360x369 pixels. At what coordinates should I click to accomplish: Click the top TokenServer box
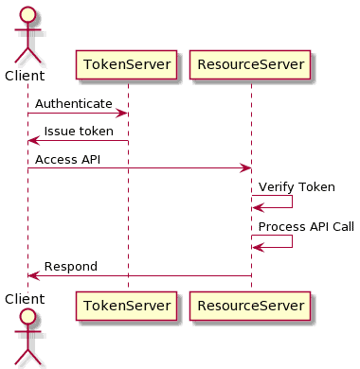(x=127, y=65)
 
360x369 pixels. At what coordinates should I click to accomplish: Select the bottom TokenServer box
(x=127, y=306)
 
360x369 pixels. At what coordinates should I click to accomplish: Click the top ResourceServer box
(x=250, y=65)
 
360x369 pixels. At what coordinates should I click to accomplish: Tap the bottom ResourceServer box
(x=250, y=306)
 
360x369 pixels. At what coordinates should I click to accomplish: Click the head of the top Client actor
(x=27, y=16)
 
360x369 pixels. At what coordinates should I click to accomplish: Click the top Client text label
(x=27, y=75)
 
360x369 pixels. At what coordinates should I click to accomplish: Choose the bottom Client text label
(x=27, y=298)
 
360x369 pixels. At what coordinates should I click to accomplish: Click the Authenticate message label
(x=74, y=103)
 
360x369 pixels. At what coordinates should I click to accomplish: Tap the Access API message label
(x=68, y=159)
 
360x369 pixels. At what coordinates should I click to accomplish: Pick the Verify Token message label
(x=297, y=187)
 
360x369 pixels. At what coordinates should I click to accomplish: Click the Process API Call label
(x=306, y=227)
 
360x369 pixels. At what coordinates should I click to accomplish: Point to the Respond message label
(x=71, y=267)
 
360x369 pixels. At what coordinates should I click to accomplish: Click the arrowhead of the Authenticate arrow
(x=122, y=114)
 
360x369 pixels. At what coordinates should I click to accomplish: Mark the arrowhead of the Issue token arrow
(x=33, y=141)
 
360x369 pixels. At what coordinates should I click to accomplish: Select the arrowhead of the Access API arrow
(x=245, y=168)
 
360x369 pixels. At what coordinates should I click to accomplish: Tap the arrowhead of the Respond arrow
(x=33, y=275)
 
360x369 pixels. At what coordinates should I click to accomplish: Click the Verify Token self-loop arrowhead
(x=257, y=207)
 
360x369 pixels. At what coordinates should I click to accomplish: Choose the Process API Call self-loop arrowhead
(x=257, y=248)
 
